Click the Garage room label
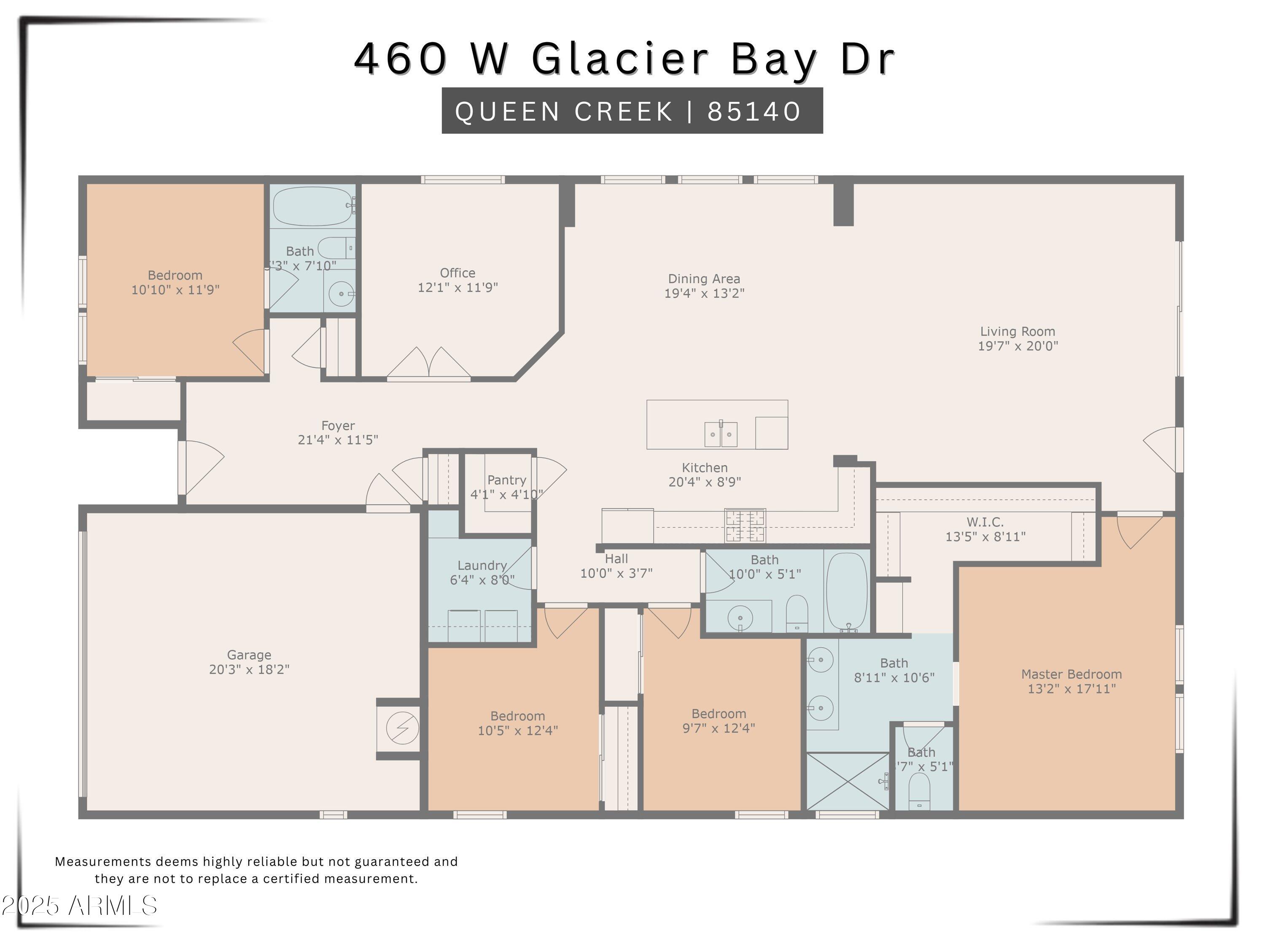249,655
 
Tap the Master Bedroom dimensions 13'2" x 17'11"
1071,689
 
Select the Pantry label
506,480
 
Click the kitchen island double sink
721,434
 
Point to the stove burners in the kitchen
745,525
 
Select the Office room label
457,273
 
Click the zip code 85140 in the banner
754,111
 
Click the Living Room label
1017,331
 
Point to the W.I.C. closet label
985,522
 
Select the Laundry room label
482,565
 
